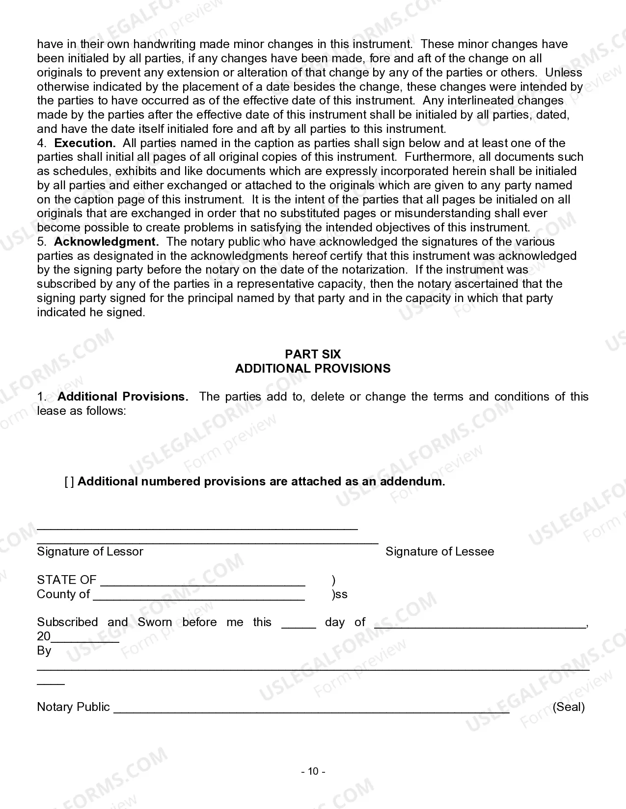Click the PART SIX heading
coord(313,354)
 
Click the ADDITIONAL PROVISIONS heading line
coord(313,369)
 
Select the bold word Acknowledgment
coord(106,242)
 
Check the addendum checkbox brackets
coord(69,481)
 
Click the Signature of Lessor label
coord(90,552)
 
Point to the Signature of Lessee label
coord(439,552)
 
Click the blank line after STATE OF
coord(203,583)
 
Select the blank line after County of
coord(199,598)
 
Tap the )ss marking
coord(340,595)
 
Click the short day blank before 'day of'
coord(299,626)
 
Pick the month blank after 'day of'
coord(480,626)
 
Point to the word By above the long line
coord(44,651)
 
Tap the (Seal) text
coord(569,707)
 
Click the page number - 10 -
coord(313,771)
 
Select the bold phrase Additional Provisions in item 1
coord(123,397)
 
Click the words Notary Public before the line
coord(73,707)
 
